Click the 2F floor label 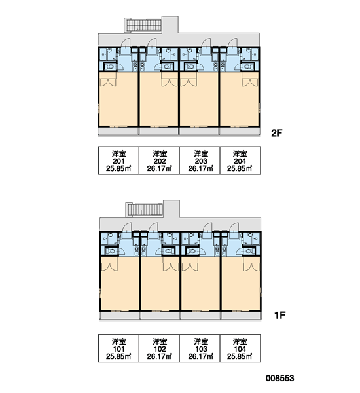point(277,133)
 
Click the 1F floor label point(280,315)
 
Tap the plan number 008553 point(279,378)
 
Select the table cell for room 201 point(118,160)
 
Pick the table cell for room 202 point(159,160)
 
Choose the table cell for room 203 point(200,160)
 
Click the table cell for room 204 point(240,160)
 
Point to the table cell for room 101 point(118,348)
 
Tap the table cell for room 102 point(159,348)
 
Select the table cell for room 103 point(200,348)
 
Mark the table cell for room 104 point(240,348)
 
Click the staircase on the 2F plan point(143,26)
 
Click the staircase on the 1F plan point(145,210)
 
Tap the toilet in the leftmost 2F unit point(110,67)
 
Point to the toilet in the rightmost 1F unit point(249,251)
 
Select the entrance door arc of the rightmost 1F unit point(233,227)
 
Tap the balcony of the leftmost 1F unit point(120,315)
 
